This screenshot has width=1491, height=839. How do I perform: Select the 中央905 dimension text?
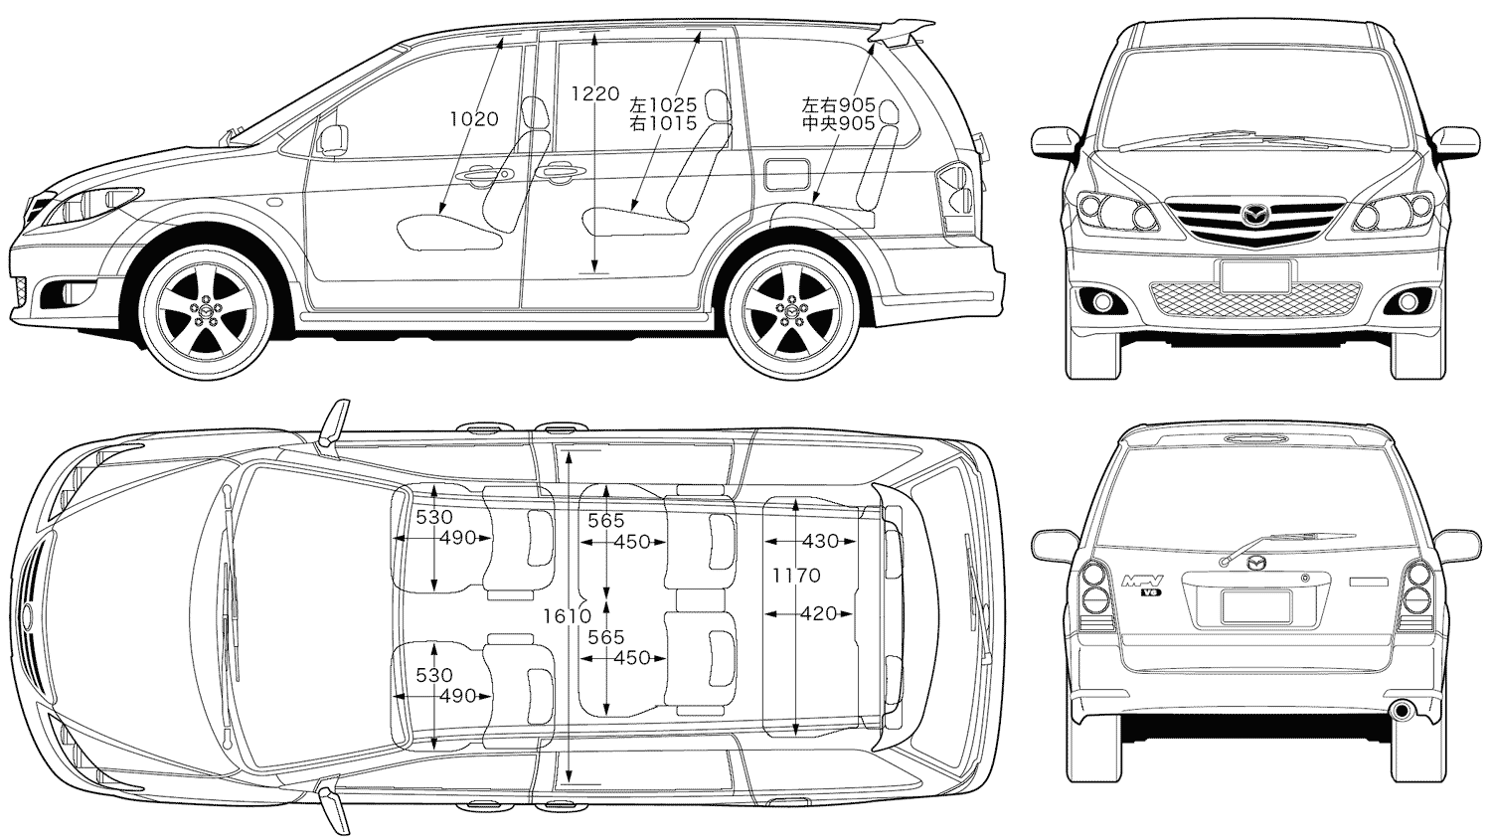[x=838, y=123]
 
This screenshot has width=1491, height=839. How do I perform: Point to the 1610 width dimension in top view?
[x=568, y=616]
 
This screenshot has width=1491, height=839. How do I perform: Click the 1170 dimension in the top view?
[x=796, y=576]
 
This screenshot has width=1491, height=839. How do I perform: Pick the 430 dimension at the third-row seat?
[x=819, y=542]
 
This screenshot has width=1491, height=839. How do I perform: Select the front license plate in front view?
[x=1255, y=275]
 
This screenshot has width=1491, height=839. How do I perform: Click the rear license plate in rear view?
[x=1255, y=605]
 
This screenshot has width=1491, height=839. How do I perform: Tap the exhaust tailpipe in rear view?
[x=1403, y=711]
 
